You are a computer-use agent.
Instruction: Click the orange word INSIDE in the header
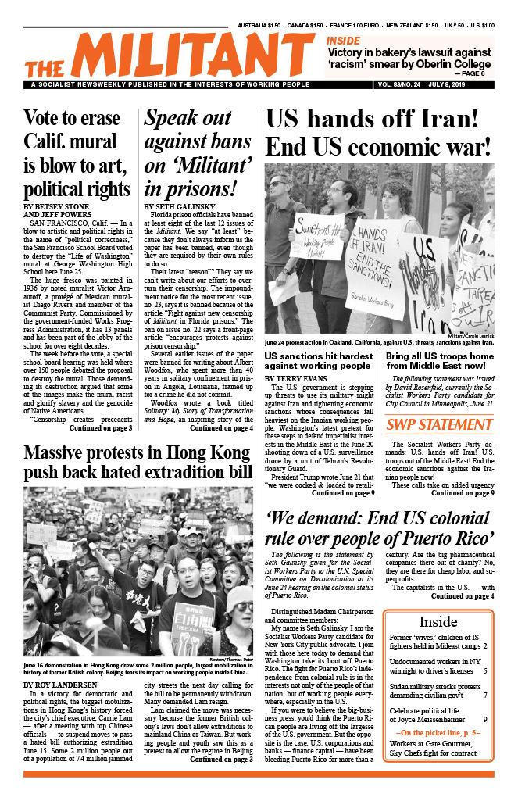pos(343,41)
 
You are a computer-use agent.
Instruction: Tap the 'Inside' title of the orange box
pos(438,622)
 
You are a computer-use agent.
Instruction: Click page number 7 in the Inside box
pos(485,695)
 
